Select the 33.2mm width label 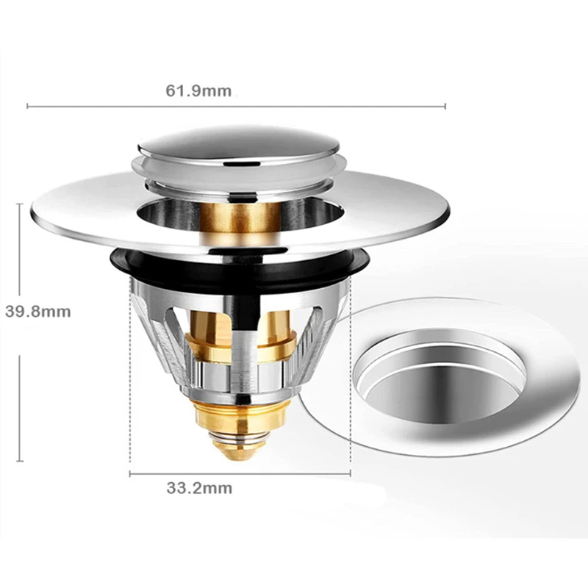click(x=199, y=488)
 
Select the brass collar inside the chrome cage click(x=240, y=345)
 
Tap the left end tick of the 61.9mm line click(x=28, y=107)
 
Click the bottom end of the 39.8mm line click(x=20, y=460)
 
